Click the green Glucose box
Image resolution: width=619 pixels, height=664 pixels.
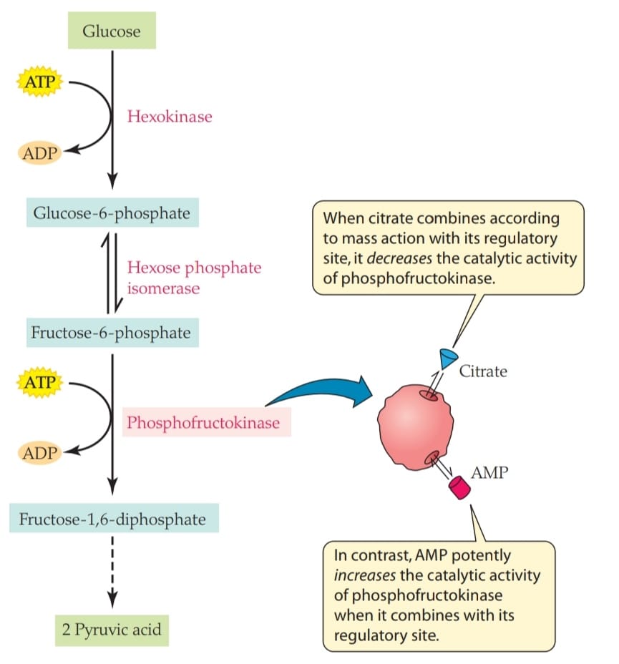(x=112, y=31)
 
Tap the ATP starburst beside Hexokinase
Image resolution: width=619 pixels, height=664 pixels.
(x=40, y=82)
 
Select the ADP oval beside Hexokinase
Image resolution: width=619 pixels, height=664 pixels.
(x=40, y=153)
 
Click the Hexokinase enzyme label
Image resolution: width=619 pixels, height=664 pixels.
(x=170, y=117)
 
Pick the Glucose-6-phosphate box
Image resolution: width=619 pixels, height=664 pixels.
(x=112, y=213)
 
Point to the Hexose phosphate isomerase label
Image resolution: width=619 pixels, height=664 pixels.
(x=195, y=278)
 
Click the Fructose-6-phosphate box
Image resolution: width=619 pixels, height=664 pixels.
(x=112, y=333)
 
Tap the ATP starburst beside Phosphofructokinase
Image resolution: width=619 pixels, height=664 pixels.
(x=40, y=382)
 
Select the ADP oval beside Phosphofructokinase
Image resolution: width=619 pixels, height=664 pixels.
(x=40, y=453)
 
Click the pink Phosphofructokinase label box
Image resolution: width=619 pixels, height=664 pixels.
(x=207, y=422)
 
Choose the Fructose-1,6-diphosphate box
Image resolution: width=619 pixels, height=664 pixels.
(x=114, y=518)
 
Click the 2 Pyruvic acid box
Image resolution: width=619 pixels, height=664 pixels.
(x=112, y=630)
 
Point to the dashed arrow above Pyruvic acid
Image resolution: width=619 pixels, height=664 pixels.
(x=112, y=572)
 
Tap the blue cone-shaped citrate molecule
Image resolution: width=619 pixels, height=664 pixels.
(x=448, y=358)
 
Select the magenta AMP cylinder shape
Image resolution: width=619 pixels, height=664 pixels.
(x=460, y=487)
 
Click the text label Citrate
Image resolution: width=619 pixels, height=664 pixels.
(x=483, y=371)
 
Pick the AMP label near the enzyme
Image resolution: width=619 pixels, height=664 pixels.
(x=489, y=472)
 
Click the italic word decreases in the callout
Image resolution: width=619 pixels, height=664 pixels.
(x=399, y=258)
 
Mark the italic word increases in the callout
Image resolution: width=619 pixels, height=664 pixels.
(x=364, y=575)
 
